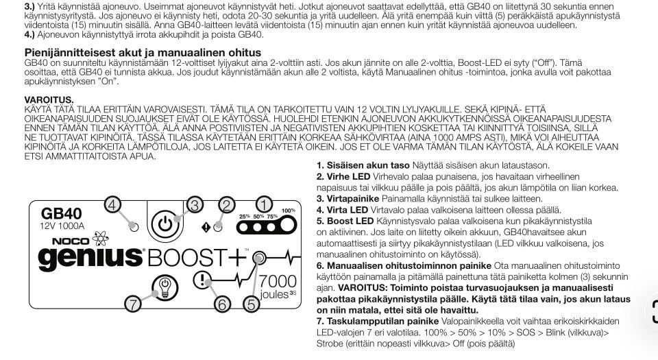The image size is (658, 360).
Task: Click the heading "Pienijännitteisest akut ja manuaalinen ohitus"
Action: click(x=143, y=53)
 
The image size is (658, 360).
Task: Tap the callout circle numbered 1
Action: click(x=264, y=204)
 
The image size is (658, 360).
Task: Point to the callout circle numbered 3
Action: click(x=195, y=204)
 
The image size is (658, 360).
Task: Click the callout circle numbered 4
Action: click(x=113, y=204)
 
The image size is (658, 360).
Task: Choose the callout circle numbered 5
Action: click(x=252, y=302)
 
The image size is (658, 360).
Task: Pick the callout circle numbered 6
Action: click(x=221, y=302)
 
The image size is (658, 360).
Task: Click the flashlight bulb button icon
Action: click(x=163, y=285)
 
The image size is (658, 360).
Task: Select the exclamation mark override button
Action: click(x=204, y=280)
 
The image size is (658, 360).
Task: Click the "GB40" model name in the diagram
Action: click(x=62, y=214)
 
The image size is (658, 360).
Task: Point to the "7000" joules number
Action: click(x=278, y=282)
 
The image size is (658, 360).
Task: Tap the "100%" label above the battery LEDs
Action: click(x=289, y=211)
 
